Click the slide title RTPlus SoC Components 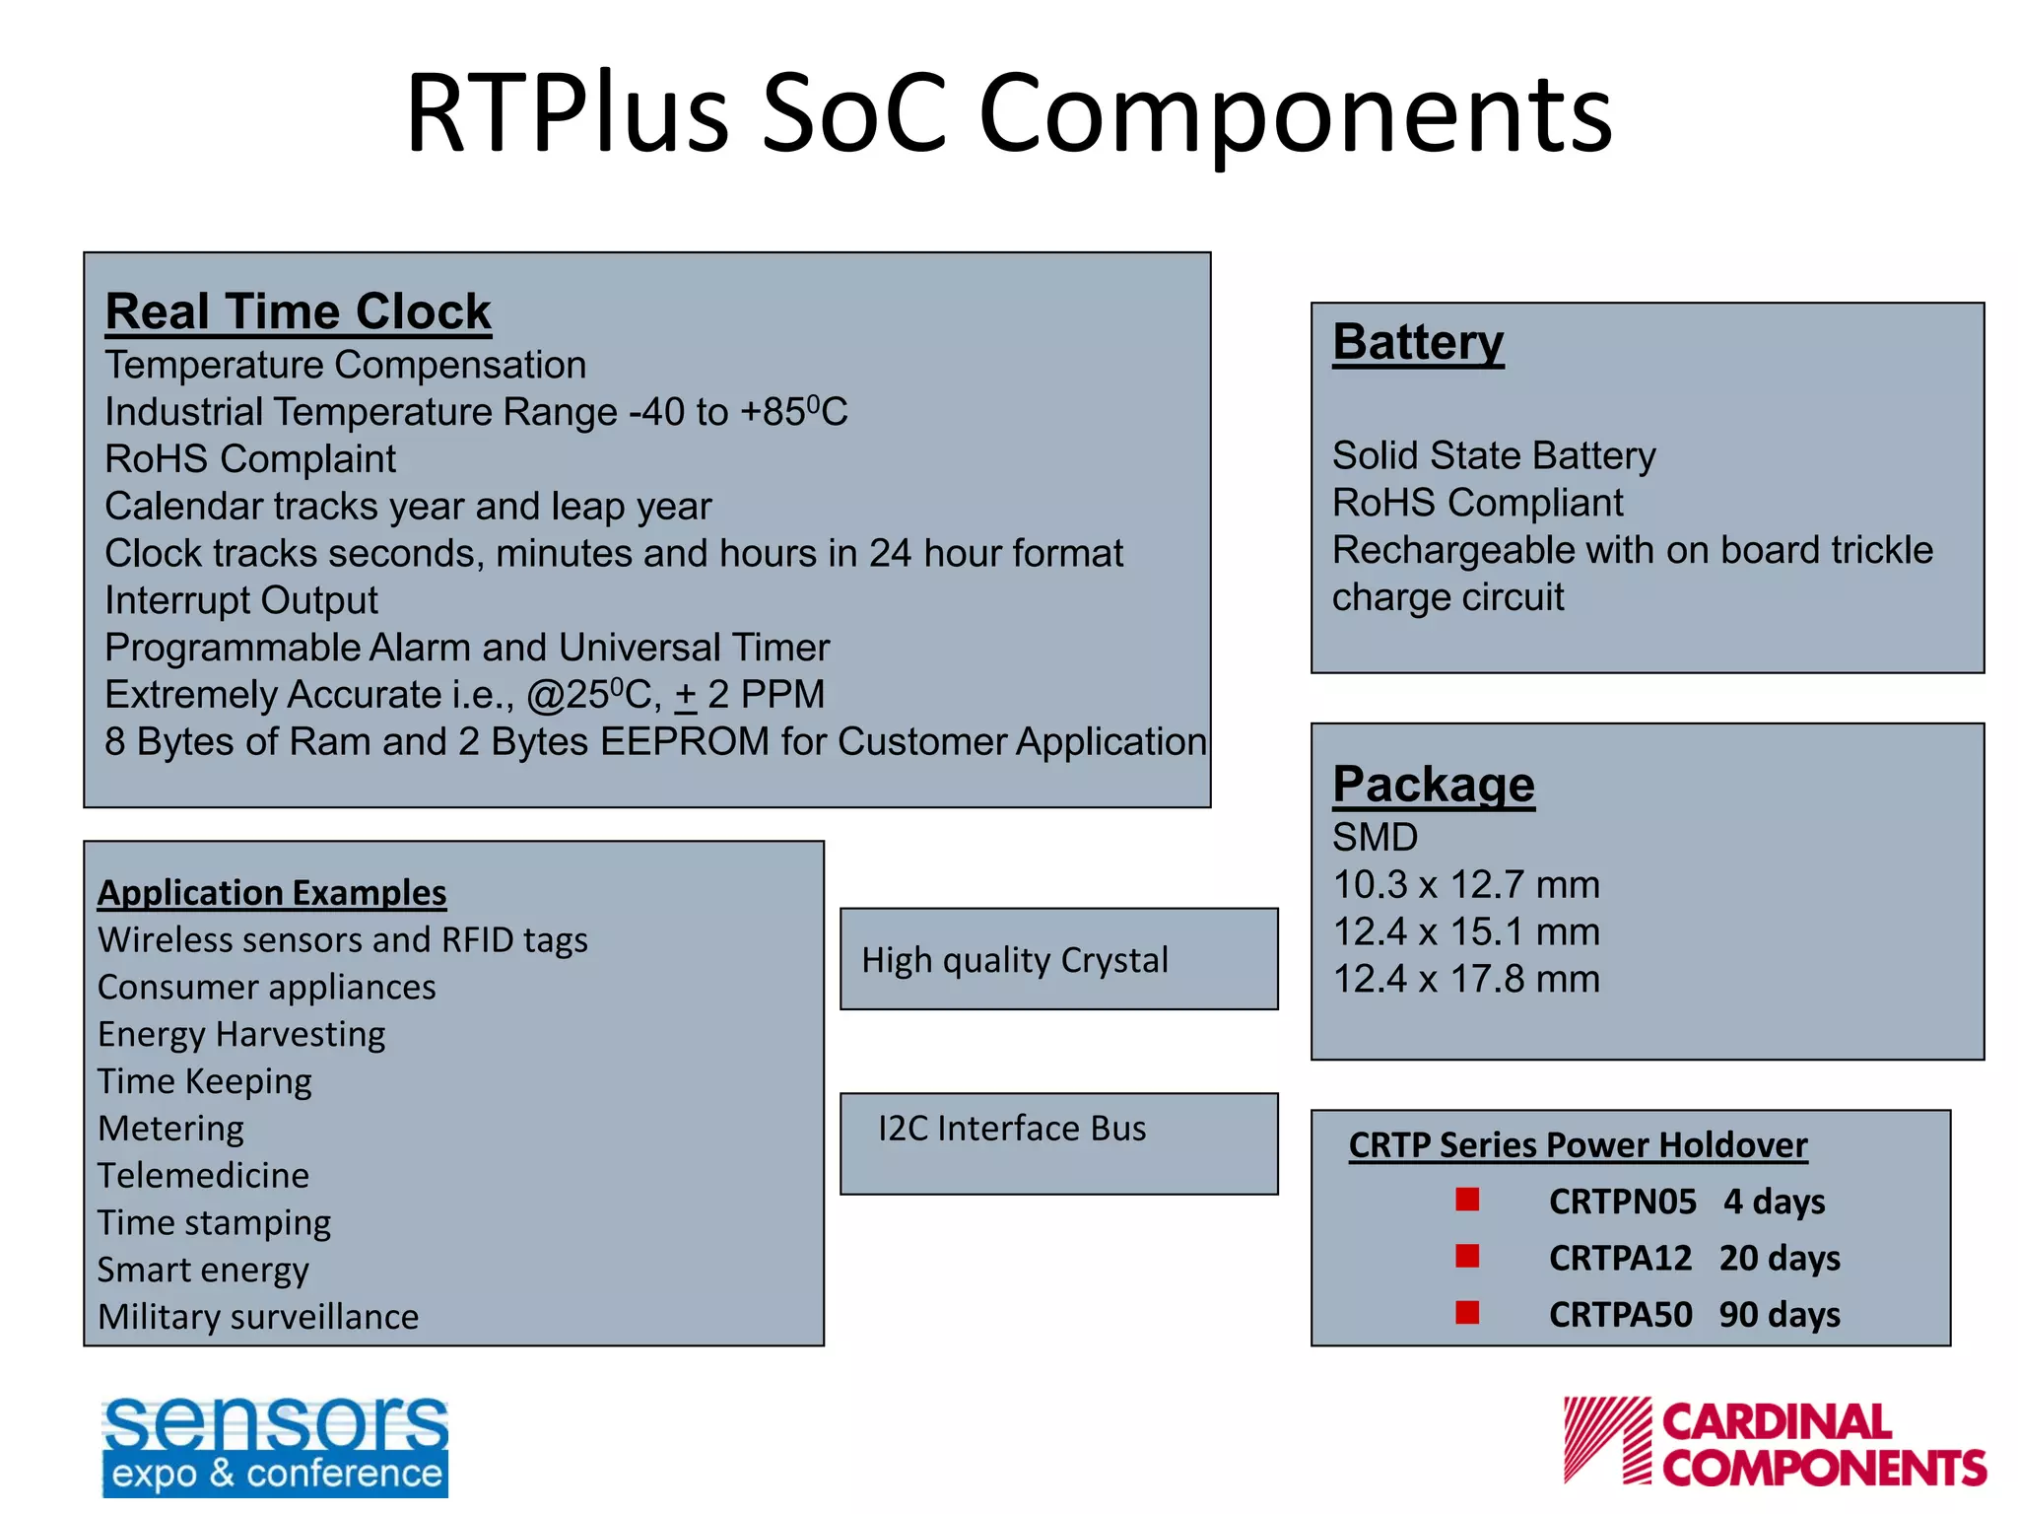[x=1009, y=113]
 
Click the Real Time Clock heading [x=298, y=312]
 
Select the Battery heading [x=1417, y=343]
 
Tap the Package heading [x=1433, y=786]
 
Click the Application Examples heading [x=272, y=893]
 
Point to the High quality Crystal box [x=1058, y=959]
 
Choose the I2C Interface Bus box [x=1058, y=1142]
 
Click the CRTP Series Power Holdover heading [x=1577, y=1145]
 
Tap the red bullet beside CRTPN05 [x=1467, y=1200]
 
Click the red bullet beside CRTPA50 [x=1467, y=1313]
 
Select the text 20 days [x=1779, y=1259]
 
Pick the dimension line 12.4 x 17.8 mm [x=1465, y=980]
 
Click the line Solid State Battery [x=1493, y=456]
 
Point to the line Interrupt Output [x=241, y=601]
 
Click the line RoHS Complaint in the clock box [x=250, y=459]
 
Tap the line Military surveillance [x=258, y=1317]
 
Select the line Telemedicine [x=203, y=1176]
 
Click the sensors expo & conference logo [x=275, y=1446]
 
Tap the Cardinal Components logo [x=1774, y=1442]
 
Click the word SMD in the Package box [x=1375, y=838]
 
